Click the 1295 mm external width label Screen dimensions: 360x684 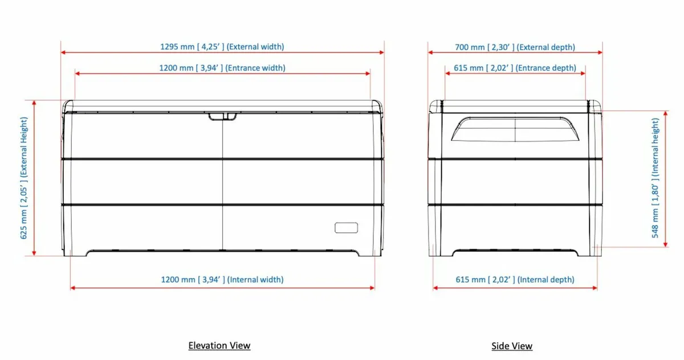coord(222,47)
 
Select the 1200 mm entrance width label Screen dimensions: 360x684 coord(222,68)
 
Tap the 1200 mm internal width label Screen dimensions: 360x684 coord(222,280)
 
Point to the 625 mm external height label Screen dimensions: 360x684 coord(25,178)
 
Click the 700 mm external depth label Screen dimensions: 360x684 coord(515,47)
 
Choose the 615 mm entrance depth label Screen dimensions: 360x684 coord(515,68)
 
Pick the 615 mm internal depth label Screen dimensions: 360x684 coord(515,280)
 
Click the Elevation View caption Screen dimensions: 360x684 coord(219,345)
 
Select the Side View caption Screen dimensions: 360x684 coord(512,346)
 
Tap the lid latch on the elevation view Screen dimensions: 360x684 coord(222,116)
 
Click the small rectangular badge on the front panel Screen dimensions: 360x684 coord(346,227)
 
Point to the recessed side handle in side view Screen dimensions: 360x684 coord(515,129)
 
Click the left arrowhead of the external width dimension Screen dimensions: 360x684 coord(64,52)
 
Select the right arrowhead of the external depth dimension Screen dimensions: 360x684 coord(600,52)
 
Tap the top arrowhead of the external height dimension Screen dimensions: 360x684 coord(35,103)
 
